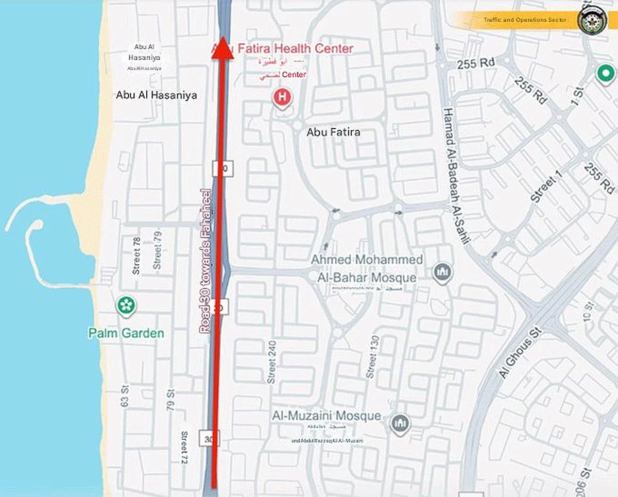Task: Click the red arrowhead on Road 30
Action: pos(222,50)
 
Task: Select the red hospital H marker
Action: pos(282,97)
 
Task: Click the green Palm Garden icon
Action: pos(126,305)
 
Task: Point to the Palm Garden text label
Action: pos(126,333)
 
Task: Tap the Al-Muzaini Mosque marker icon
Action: pos(400,423)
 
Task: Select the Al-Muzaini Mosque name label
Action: pos(327,416)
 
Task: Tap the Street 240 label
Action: pos(271,362)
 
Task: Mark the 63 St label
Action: pos(124,396)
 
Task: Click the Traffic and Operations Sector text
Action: pos(525,20)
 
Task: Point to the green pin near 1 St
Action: pos(606,73)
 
